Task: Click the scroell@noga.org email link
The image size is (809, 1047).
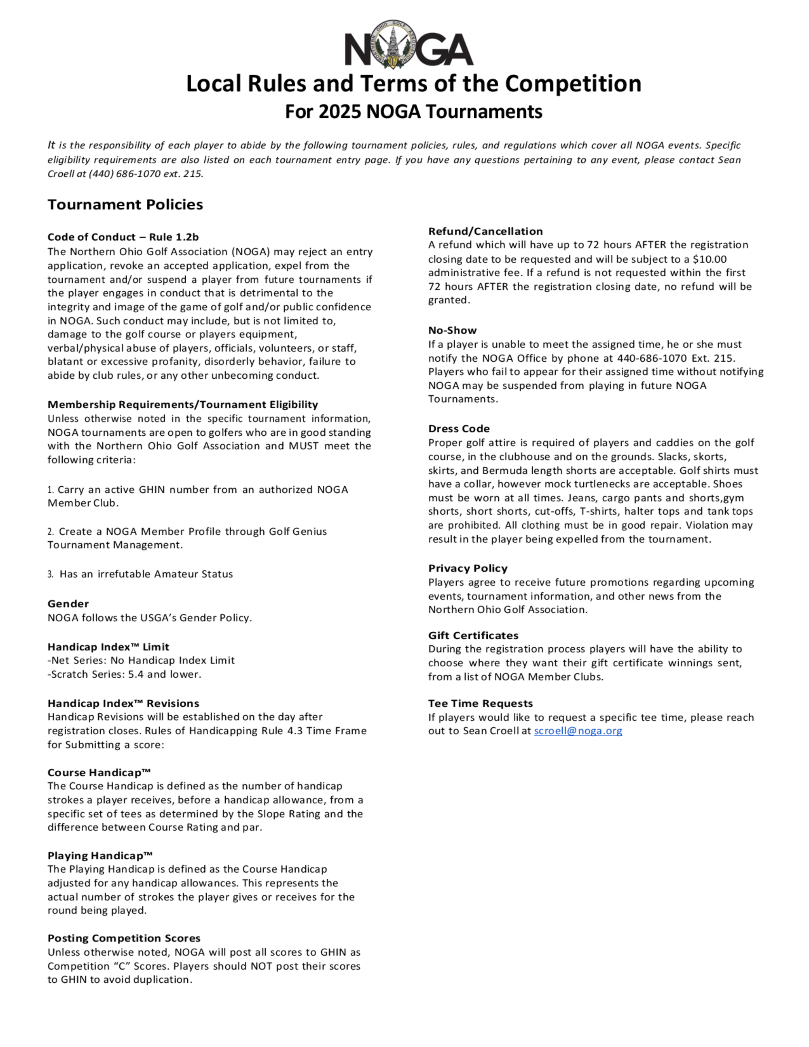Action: tap(578, 731)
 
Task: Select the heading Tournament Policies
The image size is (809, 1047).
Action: tap(125, 205)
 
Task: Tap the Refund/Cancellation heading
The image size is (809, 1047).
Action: tap(485, 231)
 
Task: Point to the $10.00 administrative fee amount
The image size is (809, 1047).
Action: tap(709, 259)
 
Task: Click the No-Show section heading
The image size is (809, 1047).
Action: tap(452, 330)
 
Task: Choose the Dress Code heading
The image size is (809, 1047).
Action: tap(459, 428)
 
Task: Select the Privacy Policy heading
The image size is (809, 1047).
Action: tap(467, 568)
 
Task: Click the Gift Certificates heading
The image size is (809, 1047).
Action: tap(473, 635)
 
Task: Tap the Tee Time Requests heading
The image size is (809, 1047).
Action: tap(480, 703)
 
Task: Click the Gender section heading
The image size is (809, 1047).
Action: tap(68, 604)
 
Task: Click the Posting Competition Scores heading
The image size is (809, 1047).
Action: tap(124, 938)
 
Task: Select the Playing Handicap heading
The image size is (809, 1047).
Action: tap(100, 856)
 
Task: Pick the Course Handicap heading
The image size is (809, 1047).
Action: tap(99, 772)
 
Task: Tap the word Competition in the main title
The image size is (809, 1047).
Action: tap(573, 83)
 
